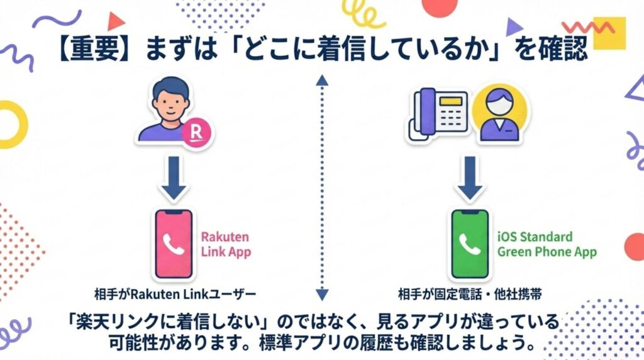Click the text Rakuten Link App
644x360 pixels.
(225, 245)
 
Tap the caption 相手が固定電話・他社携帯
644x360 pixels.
(469, 294)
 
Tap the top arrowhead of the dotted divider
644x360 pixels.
(323, 80)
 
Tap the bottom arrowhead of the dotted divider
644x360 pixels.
(323, 293)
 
